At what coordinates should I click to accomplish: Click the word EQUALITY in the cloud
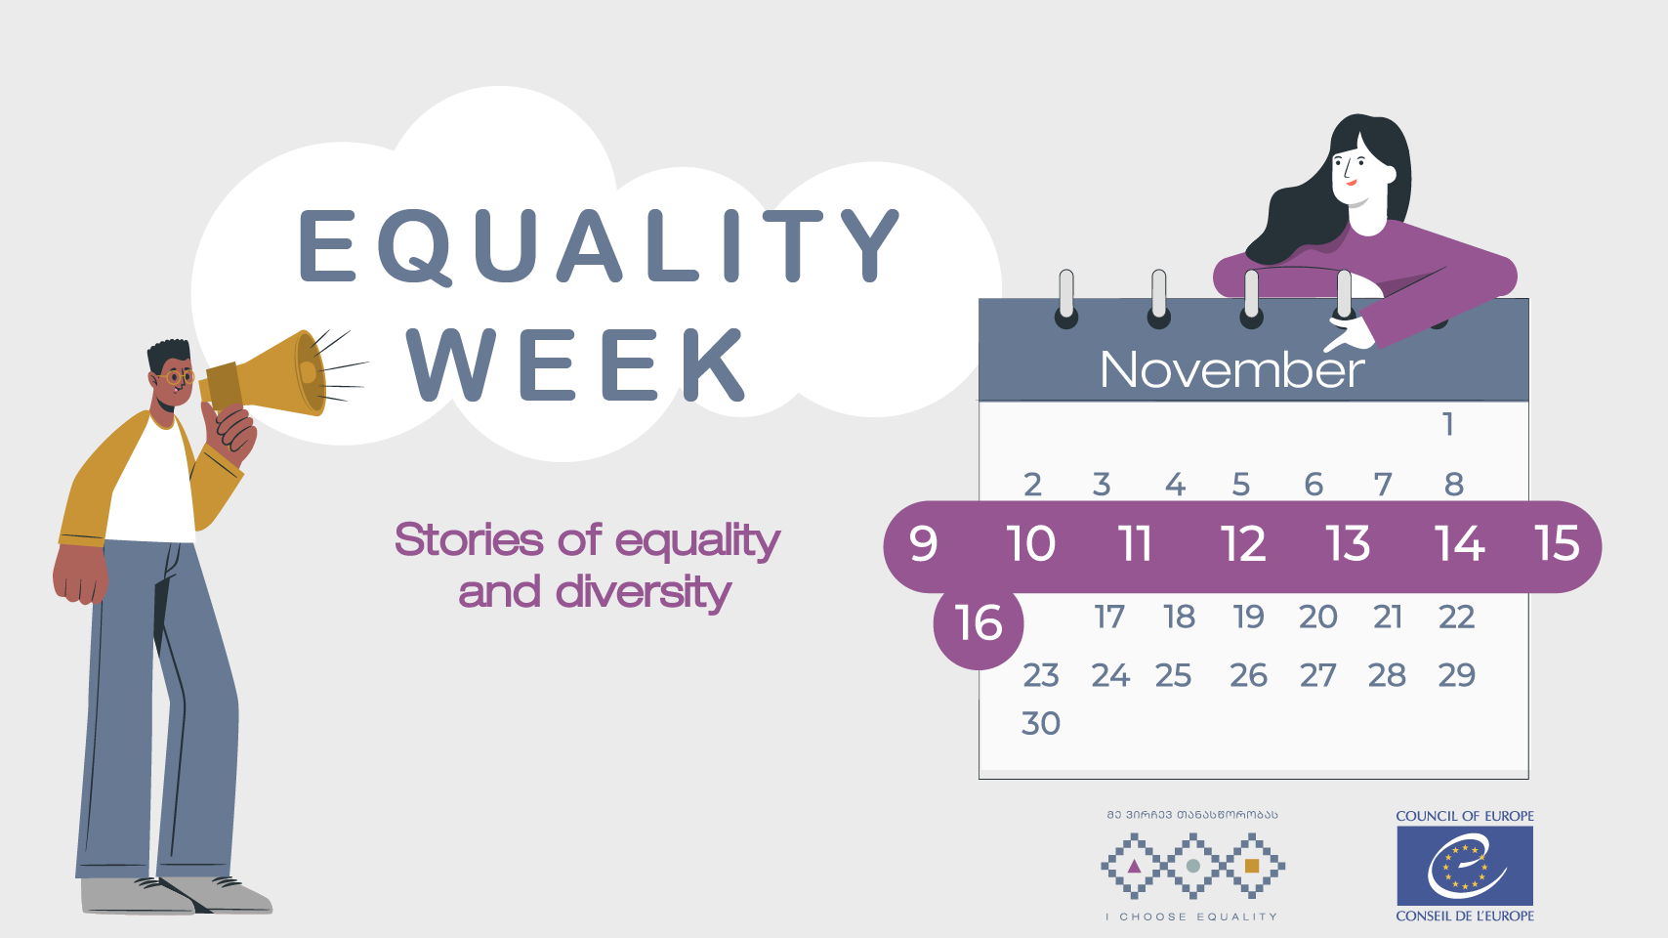(601, 245)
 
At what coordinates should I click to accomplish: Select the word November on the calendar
(1233, 369)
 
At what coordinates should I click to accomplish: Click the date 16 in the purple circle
(979, 622)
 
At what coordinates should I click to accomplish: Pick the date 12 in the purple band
(1243, 543)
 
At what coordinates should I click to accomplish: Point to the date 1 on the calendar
(1447, 424)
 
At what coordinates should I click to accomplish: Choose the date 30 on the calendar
(1040, 723)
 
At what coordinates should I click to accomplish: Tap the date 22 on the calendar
(1456, 617)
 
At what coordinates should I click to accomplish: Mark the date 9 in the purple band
(924, 544)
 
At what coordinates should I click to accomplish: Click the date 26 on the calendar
(1248, 676)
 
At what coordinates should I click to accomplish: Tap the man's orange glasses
(176, 377)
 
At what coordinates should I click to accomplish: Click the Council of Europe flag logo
(1465, 866)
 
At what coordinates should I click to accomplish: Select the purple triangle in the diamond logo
(1134, 867)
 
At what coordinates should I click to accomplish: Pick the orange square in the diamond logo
(1252, 866)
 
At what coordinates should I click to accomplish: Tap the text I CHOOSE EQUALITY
(1191, 917)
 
